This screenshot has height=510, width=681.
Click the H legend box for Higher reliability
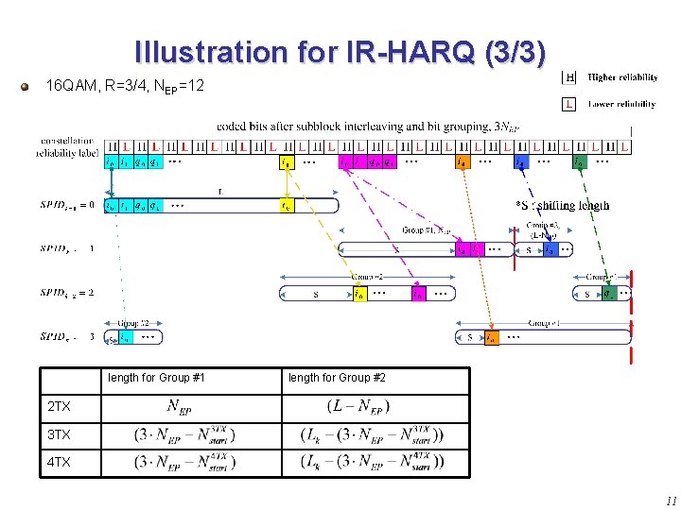pyautogui.click(x=569, y=77)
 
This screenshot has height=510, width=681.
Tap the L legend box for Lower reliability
pyautogui.click(x=569, y=104)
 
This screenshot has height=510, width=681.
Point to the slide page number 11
pyautogui.click(x=671, y=501)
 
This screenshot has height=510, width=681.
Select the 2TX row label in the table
pyautogui.click(x=61, y=408)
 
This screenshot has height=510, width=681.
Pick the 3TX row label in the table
pyautogui.click(x=61, y=435)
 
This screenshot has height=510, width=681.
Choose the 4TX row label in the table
pyautogui.click(x=61, y=463)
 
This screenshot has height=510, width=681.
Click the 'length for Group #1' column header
pyautogui.click(x=156, y=378)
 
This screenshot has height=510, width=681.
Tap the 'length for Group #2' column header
pyautogui.click(x=337, y=378)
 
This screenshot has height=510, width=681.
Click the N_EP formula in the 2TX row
pyautogui.click(x=185, y=407)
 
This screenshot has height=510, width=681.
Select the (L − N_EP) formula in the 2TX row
pyautogui.click(x=358, y=407)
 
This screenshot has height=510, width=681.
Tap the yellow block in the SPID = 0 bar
pyautogui.click(x=286, y=204)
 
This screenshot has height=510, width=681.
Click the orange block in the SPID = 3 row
pyautogui.click(x=492, y=337)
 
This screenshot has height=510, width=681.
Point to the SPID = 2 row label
pyautogui.click(x=66, y=293)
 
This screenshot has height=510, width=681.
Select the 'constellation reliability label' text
pyautogui.click(x=67, y=146)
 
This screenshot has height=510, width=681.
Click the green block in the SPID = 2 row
pyautogui.click(x=609, y=294)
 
